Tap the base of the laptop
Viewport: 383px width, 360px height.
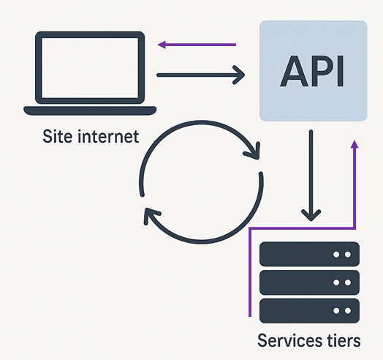pyautogui.click(x=90, y=110)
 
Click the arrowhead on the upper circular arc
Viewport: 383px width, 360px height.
pyautogui.click(x=254, y=152)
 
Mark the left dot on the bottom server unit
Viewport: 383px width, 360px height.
pyautogui.click(x=336, y=309)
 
